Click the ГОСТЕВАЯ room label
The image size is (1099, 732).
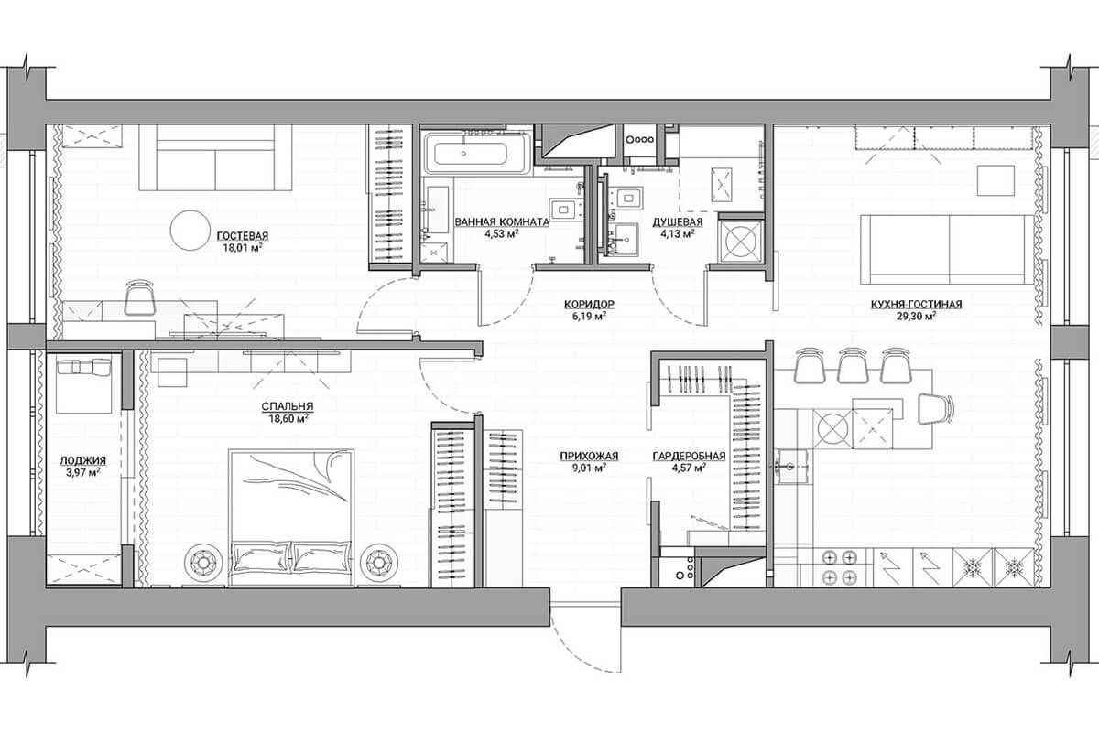coord(243,236)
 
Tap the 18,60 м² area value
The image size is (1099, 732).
coord(288,419)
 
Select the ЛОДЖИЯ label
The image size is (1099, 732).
coord(83,461)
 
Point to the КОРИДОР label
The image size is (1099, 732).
coord(589,305)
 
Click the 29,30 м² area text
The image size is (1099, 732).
coord(917,317)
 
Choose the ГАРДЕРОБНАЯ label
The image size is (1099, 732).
coord(689,457)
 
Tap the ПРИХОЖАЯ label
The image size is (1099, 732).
coord(589,457)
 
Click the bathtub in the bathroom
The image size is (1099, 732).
coord(476,153)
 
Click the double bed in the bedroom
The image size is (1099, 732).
coord(291,518)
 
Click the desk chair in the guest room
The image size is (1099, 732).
coord(140,297)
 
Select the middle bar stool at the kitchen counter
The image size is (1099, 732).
coord(853,365)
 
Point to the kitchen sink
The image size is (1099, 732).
coord(790,466)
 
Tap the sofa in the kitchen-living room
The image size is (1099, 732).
coord(947,250)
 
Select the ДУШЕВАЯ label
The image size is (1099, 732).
coord(678,222)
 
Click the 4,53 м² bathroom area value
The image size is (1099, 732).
coord(502,234)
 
